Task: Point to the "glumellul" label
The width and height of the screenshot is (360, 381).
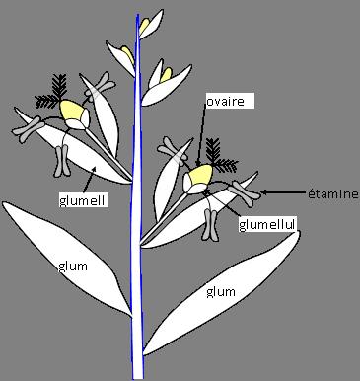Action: click(x=266, y=225)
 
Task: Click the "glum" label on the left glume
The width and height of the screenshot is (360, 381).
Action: click(x=70, y=266)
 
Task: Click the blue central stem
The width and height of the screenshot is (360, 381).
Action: click(x=136, y=247)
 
